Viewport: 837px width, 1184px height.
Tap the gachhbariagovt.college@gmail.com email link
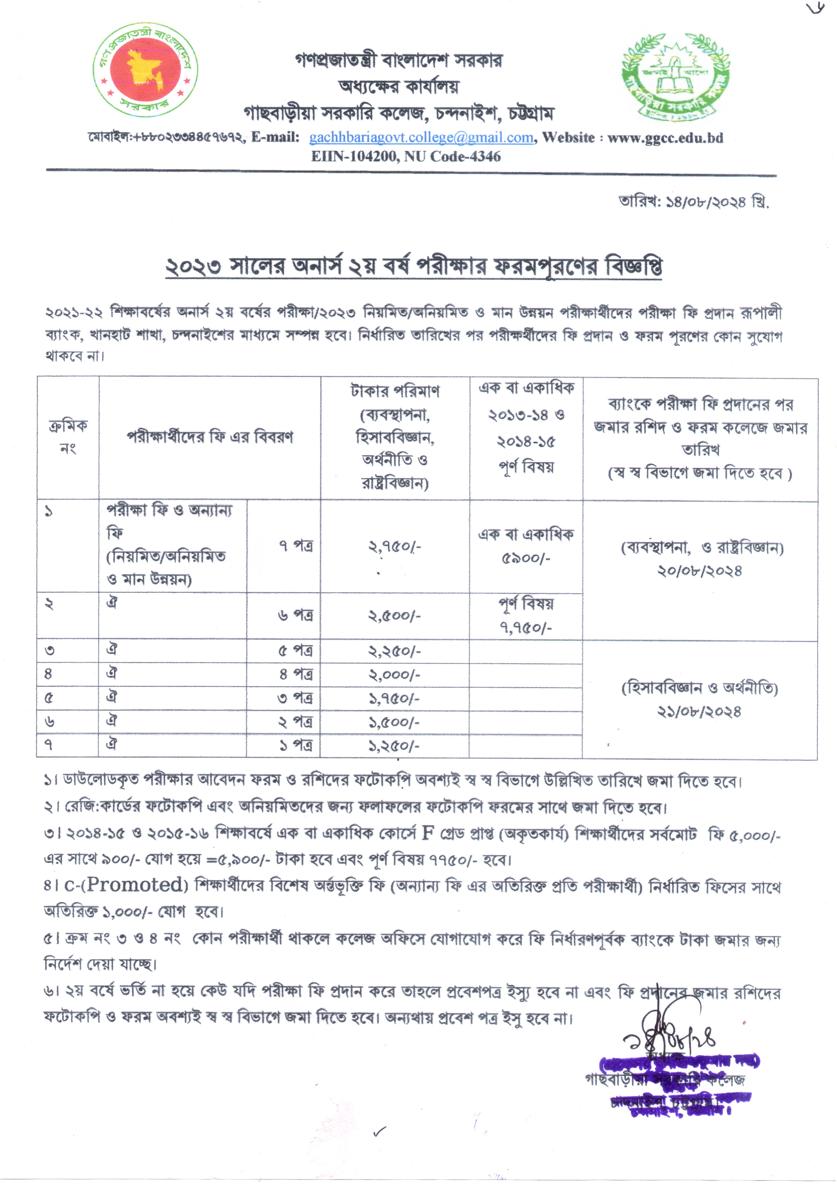[x=421, y=138]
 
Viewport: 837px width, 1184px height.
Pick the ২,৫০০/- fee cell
[x=394, y=616]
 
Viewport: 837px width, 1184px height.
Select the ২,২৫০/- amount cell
[x=394, y=651]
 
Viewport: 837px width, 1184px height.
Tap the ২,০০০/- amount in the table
[x=394, y=675]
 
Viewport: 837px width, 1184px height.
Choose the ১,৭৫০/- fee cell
[x=394, y=699]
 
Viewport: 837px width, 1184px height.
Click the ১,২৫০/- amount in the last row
[x=394, y=746]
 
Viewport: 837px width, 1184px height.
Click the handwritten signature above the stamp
[x=670, y=1039]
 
